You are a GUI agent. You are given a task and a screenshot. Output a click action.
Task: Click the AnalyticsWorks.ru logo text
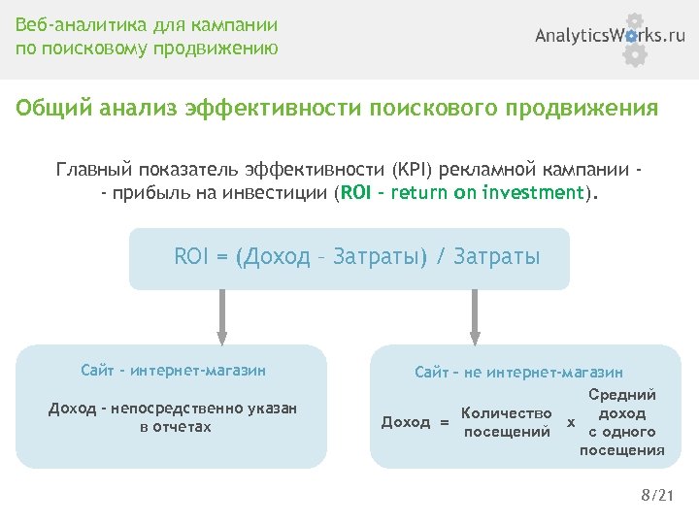pyautogui.click(x=611, y=36)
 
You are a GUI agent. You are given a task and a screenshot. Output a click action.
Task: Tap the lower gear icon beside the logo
pyautogui.click(x=634, y=54)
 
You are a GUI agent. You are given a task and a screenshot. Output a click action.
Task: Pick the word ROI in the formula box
pyautogui.click(x=191, y=256)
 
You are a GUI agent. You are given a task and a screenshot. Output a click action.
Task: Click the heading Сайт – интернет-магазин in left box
pyautogui.click(x=174, y=370)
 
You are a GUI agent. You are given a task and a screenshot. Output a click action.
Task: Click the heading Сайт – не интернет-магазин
pyautogui.click(x=518, y=372)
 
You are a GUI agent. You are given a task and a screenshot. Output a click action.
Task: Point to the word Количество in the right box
pyautogui.click(x=507, y=414)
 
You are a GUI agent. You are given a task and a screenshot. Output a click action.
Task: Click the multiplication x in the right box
pyautogui.click(x=571, y=423)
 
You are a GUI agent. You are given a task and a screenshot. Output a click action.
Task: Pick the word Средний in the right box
pyautogui.click(x=622, y=395)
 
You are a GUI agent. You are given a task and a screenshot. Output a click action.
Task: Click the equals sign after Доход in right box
pyautogui.click(x=444, y=423)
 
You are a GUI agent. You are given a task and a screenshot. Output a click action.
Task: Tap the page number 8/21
pyautogui.click(x=656, y=496)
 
